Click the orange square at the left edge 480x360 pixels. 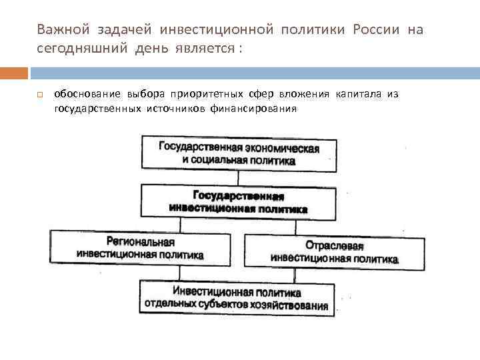(14, 73)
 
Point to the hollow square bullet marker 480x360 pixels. (40, 95)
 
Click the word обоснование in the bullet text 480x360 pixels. (83, 94)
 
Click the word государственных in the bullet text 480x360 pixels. (97, 108)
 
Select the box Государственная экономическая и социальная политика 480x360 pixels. (239, 153)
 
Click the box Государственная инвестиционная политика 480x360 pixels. (239, 202)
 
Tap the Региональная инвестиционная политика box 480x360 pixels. (141, 248)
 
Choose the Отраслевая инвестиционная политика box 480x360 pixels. (334, 251)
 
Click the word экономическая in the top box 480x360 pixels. (279, 147)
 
